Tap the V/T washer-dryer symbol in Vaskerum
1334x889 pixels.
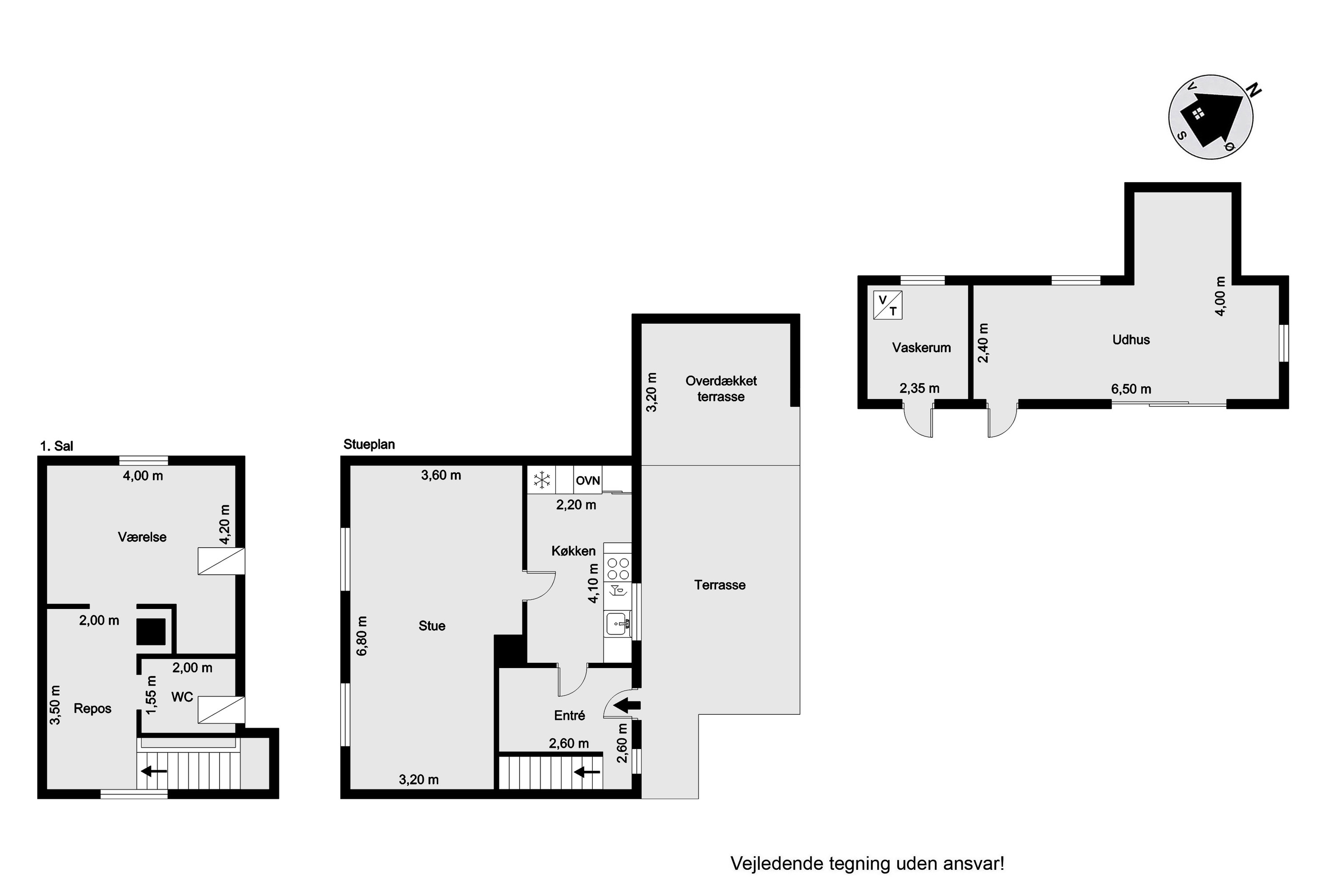coord(888,305)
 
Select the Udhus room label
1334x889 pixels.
coord(1131,340)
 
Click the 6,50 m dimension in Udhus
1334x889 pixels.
coord(1131,389)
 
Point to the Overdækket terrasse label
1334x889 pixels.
coord(721,388)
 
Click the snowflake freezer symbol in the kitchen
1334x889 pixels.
coord(542,480)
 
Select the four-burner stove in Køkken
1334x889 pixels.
coord(618,569)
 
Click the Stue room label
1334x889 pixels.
coord(432,626)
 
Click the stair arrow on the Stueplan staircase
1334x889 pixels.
coord(587,772)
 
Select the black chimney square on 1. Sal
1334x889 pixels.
coord(151,632)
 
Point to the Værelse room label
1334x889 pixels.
coord(142,537)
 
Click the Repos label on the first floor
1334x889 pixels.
coord(92,709)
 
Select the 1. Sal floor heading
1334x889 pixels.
coord(57,446)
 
